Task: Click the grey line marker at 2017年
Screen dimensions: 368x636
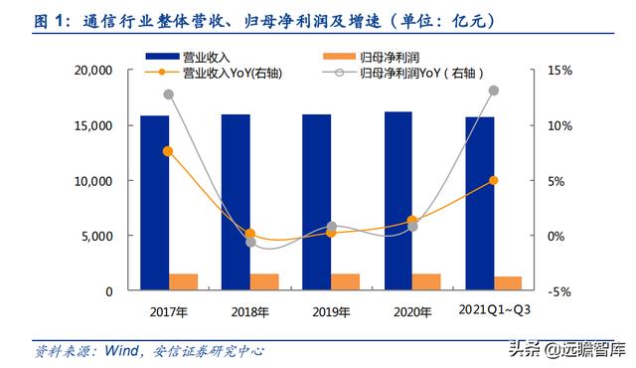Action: [x=168, y=94]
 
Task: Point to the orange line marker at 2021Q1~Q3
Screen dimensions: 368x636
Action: [x=493, y=180]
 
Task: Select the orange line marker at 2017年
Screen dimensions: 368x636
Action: [x=168, y=151]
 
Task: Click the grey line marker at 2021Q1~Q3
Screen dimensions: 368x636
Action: [x=493, y=91]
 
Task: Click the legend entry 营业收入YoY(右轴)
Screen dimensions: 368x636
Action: [x=206, y=73]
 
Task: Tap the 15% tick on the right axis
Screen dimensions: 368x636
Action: [x=558, y=71]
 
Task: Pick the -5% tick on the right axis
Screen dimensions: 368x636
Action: [x=558, y=291]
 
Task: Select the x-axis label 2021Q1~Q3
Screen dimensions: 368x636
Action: [x=494, y=310]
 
